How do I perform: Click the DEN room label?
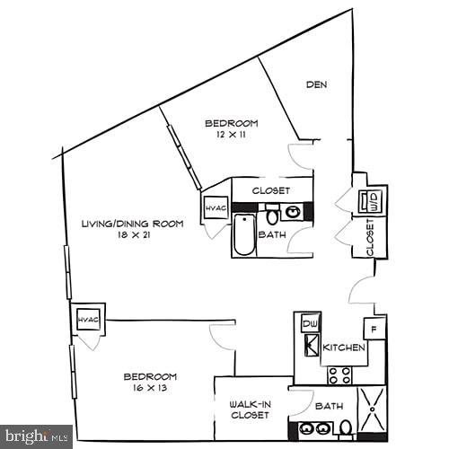coord(315,85)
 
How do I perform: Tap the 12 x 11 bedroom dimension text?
coord(231,134)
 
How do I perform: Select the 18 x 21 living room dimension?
coord(131,234)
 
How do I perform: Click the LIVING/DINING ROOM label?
coord(132,224)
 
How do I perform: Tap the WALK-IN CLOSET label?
coord(251,409)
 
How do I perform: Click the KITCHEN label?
coord(344,347)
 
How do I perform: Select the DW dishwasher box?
coord(309,323)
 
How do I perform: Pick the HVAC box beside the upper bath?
coord(216,208)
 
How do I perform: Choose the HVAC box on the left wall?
coord(86,319)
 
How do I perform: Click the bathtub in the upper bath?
coord(243,235)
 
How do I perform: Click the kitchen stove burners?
coord(340,374)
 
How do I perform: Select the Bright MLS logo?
coord(36,436)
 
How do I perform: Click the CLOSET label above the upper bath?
coord(269,190)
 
